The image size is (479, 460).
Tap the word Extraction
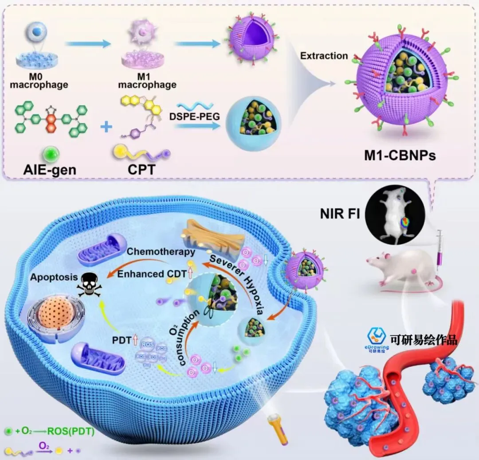pyautogui.click(x=324, y=56)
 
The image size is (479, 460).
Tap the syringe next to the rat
pyautogui.click(x=440, y=248)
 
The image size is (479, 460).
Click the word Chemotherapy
pyautogui.click(x=161, y=252)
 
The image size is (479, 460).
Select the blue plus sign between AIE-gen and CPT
pyautogui.click(x=106, y=128)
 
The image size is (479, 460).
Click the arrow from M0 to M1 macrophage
pyautogui.click(x=87, y=43)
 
